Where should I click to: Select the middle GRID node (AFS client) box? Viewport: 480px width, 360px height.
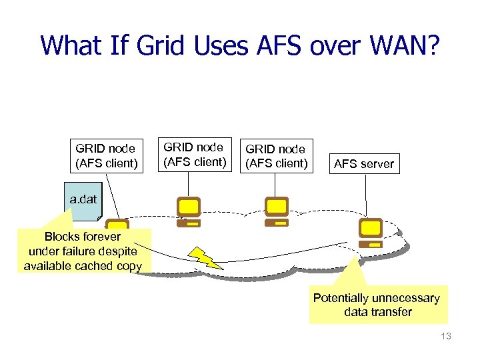(193, 154)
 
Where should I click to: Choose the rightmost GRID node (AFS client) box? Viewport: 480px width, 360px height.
(275, 156)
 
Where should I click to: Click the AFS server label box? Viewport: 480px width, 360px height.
(363, 164)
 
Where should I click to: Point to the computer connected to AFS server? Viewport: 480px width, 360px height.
(370, 233)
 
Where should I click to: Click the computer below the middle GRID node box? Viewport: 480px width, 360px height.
(189, 212)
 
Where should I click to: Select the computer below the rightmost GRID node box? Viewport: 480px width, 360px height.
(276, 212)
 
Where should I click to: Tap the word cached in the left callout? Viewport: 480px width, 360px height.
(91, 265)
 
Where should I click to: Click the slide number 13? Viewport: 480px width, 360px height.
(445, 337)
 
